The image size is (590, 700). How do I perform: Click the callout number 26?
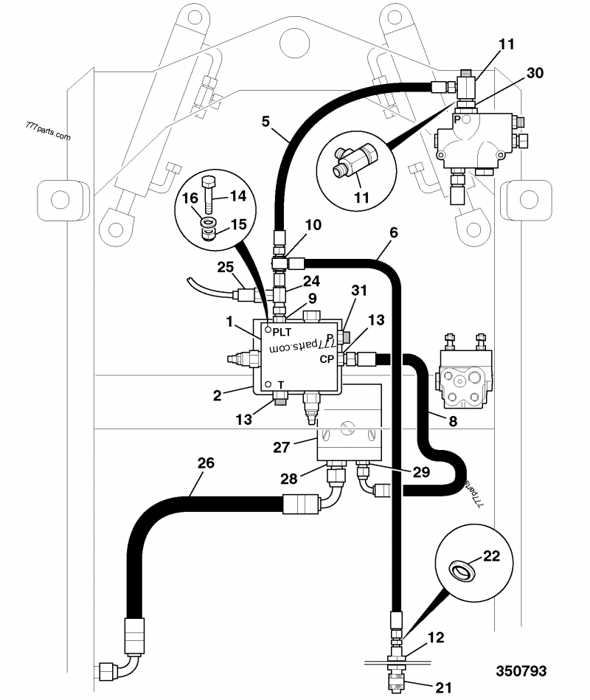pos(206,463)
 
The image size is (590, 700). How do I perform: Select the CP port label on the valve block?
pos(327,360)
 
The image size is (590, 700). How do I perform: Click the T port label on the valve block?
pos(280,384)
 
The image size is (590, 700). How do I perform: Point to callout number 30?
pos(535,73)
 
